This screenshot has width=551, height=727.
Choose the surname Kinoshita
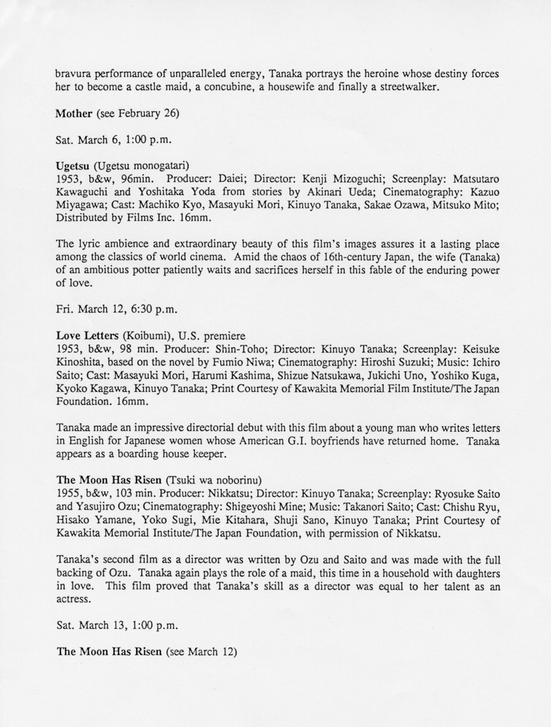tap(82, 363)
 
